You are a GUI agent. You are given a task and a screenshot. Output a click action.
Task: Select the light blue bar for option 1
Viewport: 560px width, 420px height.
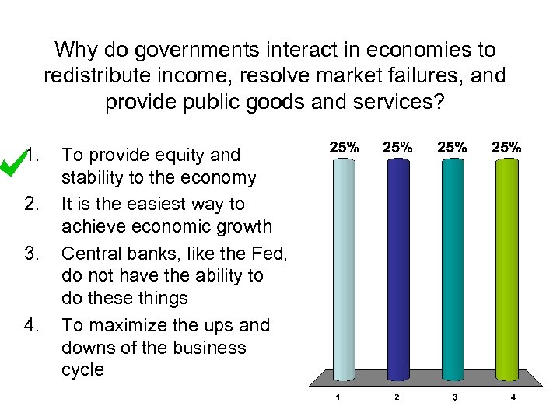[344, 268]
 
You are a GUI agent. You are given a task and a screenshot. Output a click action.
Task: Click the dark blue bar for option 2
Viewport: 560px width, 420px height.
[397, 268]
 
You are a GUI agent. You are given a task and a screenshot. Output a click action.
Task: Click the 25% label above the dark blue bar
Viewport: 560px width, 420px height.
[398, 146]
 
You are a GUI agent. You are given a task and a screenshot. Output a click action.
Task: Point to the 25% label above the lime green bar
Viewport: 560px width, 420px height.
[507, 146]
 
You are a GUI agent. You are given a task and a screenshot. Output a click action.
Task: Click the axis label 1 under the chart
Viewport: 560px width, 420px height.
[337, 398]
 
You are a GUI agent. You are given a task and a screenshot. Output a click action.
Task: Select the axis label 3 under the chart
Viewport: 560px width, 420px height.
[454, 398]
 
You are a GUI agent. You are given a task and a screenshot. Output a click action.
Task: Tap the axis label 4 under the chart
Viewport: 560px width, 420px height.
[513, 398]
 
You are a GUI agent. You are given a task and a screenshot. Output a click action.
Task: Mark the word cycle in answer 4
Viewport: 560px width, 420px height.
[82, 370]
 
